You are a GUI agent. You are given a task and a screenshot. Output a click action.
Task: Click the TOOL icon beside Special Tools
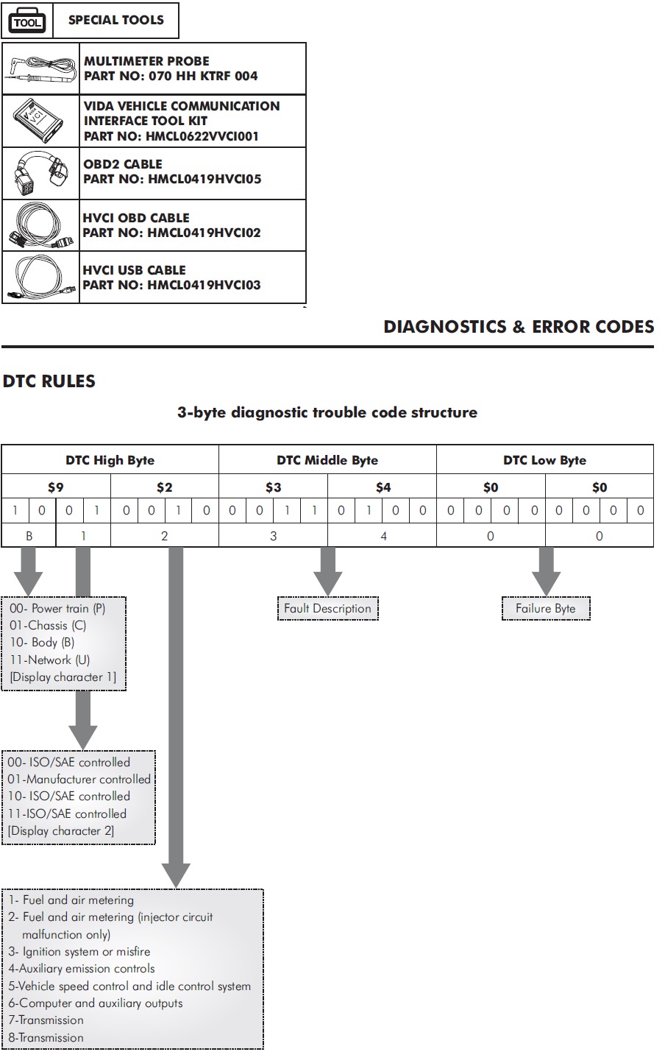coord(27,21)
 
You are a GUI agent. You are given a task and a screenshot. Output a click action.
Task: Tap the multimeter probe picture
coord(41,68)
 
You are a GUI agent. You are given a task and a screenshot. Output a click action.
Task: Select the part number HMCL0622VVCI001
coord(171,136)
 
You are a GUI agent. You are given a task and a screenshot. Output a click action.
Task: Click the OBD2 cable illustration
coord(41,173)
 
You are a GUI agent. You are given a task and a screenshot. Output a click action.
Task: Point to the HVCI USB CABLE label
coord(135,270)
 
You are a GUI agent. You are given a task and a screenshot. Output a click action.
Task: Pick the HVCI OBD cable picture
coord(41,225)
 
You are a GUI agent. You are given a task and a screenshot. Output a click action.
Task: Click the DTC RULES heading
coord(49,381)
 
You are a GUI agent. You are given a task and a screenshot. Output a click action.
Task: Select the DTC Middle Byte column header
coord(327,460)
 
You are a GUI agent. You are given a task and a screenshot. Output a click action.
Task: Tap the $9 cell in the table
coord(56,487)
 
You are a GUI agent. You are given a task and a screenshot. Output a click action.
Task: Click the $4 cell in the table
coord(383,487)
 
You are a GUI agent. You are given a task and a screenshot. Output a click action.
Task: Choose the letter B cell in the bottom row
coord(29,536)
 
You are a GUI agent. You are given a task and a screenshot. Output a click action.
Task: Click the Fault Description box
coord(327,608)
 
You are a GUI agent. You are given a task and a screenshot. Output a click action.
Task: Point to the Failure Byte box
coord(546,608)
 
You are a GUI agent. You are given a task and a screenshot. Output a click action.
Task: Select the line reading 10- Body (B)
coord(43,643)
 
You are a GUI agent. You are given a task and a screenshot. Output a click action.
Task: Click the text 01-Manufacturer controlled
coord(79,779)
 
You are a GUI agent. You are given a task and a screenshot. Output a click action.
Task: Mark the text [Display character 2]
coord(61,830)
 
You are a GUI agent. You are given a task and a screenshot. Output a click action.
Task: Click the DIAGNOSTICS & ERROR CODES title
coord(519,327)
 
